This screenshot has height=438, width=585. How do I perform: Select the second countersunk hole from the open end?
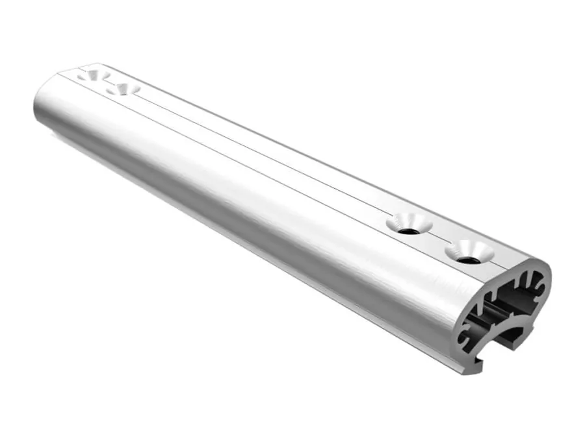408,224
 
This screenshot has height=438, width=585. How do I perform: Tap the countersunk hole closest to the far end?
93,75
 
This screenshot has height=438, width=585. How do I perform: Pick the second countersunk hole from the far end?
123,88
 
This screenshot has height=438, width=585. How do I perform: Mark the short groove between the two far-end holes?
108,82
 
